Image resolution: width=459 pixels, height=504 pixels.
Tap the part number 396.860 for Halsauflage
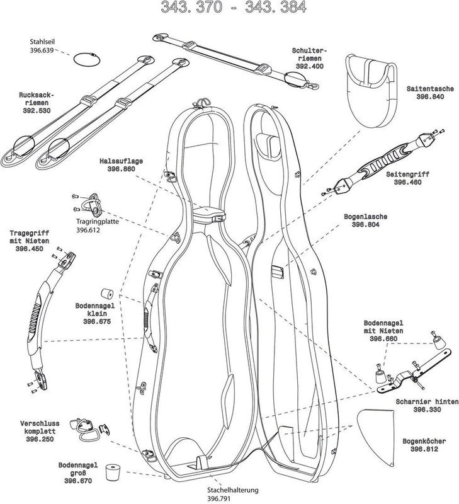[x=121, y=169]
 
